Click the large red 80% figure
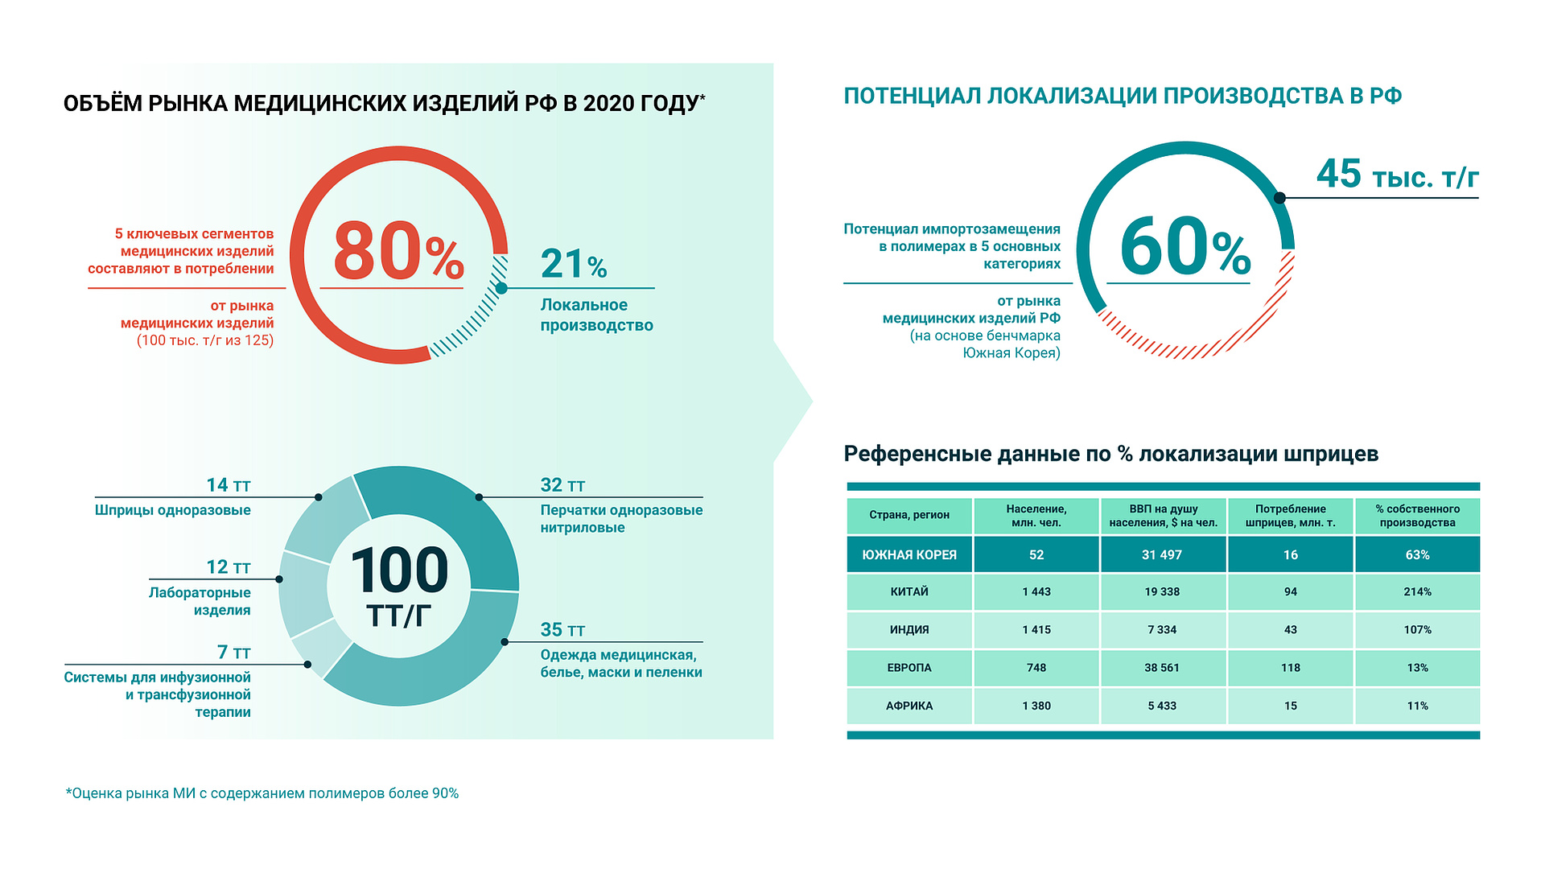coord(398,252)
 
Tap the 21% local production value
coord(573,264)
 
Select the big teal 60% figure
coord(1184,248)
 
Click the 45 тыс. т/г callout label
coord(1397,175)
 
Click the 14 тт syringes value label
coord(229,485)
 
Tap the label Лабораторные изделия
coord(200,601)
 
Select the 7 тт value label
coord(233,653)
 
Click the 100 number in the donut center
coord(399,570)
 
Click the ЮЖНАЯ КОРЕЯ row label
coord(909,555)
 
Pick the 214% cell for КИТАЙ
coord(1417,592)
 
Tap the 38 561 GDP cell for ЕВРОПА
coord(1162,668)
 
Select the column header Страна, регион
coord(909,515)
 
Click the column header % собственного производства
coord(1417,516)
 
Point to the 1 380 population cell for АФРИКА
coord(1036,706)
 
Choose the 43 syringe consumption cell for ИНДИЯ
coord(1290,630)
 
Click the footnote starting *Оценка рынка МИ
coord(262,793)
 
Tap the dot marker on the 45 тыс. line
coord(1279,198)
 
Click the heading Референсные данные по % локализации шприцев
coord(1110,454)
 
